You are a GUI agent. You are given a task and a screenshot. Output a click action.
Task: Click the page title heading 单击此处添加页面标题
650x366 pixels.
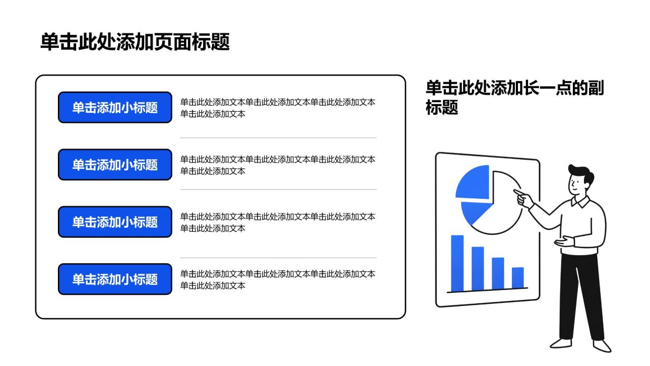pyautogui.click(x=135, y=42)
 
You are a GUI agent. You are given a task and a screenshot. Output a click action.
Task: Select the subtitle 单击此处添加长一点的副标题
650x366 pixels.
pyautogui.click(x=514, y=97)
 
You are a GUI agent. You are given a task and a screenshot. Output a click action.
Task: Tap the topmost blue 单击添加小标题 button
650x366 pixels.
pyautogui.click(x=115, y=107)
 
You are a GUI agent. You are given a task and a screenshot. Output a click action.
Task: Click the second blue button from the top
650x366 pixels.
pyautogui.click(x=115, y=165)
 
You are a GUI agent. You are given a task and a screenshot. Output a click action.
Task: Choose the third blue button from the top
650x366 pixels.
pyautogui.click(x=115, y=222)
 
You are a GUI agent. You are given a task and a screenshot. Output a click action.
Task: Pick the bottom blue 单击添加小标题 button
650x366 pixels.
pyautogui.click(x=115, y=279)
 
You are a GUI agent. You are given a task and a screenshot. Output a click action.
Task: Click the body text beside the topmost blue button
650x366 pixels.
pyautogui.click(x=278, y=108)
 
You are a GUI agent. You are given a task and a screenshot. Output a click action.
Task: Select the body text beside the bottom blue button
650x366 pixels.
pyautogui.click(x=278, y=280)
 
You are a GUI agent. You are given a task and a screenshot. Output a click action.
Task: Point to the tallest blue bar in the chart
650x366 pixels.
pyautogui.click(x=458, y=263)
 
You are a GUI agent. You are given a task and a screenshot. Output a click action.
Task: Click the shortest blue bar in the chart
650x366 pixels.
pyautogui.click(x=517, y=278)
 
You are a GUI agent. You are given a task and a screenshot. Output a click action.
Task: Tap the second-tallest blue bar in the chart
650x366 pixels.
pyautogui.click(x=478, y=268)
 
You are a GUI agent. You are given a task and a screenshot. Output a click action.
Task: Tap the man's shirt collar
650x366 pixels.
pyautogui.click(x=580, y=202)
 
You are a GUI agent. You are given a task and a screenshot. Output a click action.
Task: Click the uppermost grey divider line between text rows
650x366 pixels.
pyautogui.click(x=278, y=138)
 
